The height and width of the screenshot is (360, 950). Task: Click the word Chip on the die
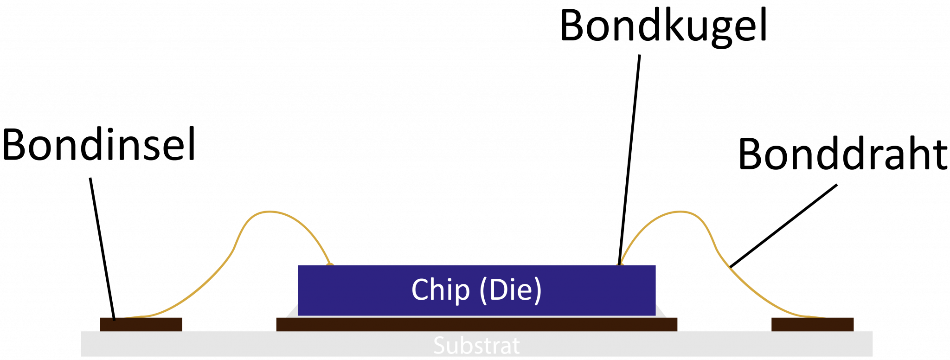(x=440, y=290)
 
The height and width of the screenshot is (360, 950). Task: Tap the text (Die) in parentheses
(x=510, y=290)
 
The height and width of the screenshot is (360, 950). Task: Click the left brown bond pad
(x=141, y=324)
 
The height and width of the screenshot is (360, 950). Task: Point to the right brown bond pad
(x=812, y=324)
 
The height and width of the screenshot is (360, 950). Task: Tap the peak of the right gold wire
(x=680, y=212)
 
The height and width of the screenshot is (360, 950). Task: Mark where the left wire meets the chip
(x=330, y=264)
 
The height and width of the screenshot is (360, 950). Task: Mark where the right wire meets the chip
(x=620, y=264)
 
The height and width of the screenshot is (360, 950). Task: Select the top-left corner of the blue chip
(x=299, y=266)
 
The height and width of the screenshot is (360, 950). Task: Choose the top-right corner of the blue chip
(x=655, y=266)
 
